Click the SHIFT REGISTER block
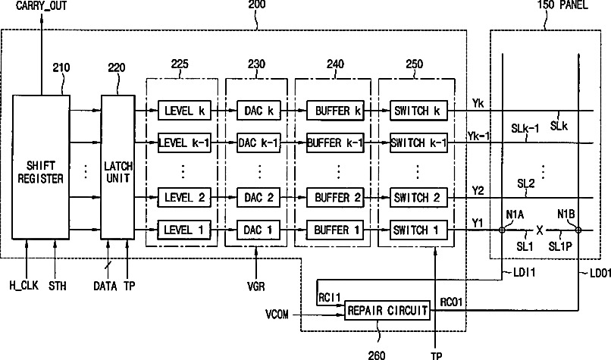point(40,167)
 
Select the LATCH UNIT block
point(118,167)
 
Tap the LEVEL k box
point(184,111)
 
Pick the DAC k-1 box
point(258,143)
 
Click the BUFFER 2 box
point(335,198)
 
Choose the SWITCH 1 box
point(418,230)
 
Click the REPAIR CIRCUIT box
point(387,311)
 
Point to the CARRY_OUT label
point(41,5)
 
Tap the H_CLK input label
point(24,286)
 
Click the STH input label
point(58,286)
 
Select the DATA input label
point(105,286)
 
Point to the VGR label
point(256,286)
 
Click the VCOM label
point(277,315)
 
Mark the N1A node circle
point(503,230)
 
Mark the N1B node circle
point(578,230)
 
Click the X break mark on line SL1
point(540,230)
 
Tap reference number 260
point(377,355)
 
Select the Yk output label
point(478,104)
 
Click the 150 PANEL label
point(562,5)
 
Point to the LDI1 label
point(524,272)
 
